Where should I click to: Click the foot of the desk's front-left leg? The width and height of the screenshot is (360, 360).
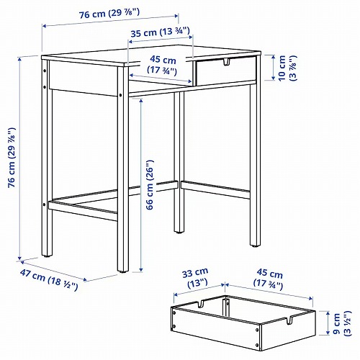click(x=49, y=252)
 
